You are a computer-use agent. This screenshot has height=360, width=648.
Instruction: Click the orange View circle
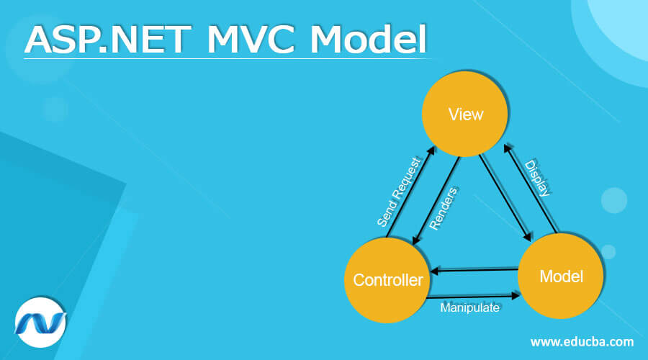click(x=465, y=115)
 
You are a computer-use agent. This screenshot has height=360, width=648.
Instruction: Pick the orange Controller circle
click(x=388, y=279)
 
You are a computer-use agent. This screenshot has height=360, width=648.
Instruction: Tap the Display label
click(x=538, y=178)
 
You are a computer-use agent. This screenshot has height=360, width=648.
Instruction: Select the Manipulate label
click(x=469, y=307)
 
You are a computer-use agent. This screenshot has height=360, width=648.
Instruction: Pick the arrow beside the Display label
click(x=531, y=189)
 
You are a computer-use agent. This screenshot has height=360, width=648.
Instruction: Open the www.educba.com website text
click(x=582, y=341)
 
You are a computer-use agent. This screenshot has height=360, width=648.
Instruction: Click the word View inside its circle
click(x=465, y=115)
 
